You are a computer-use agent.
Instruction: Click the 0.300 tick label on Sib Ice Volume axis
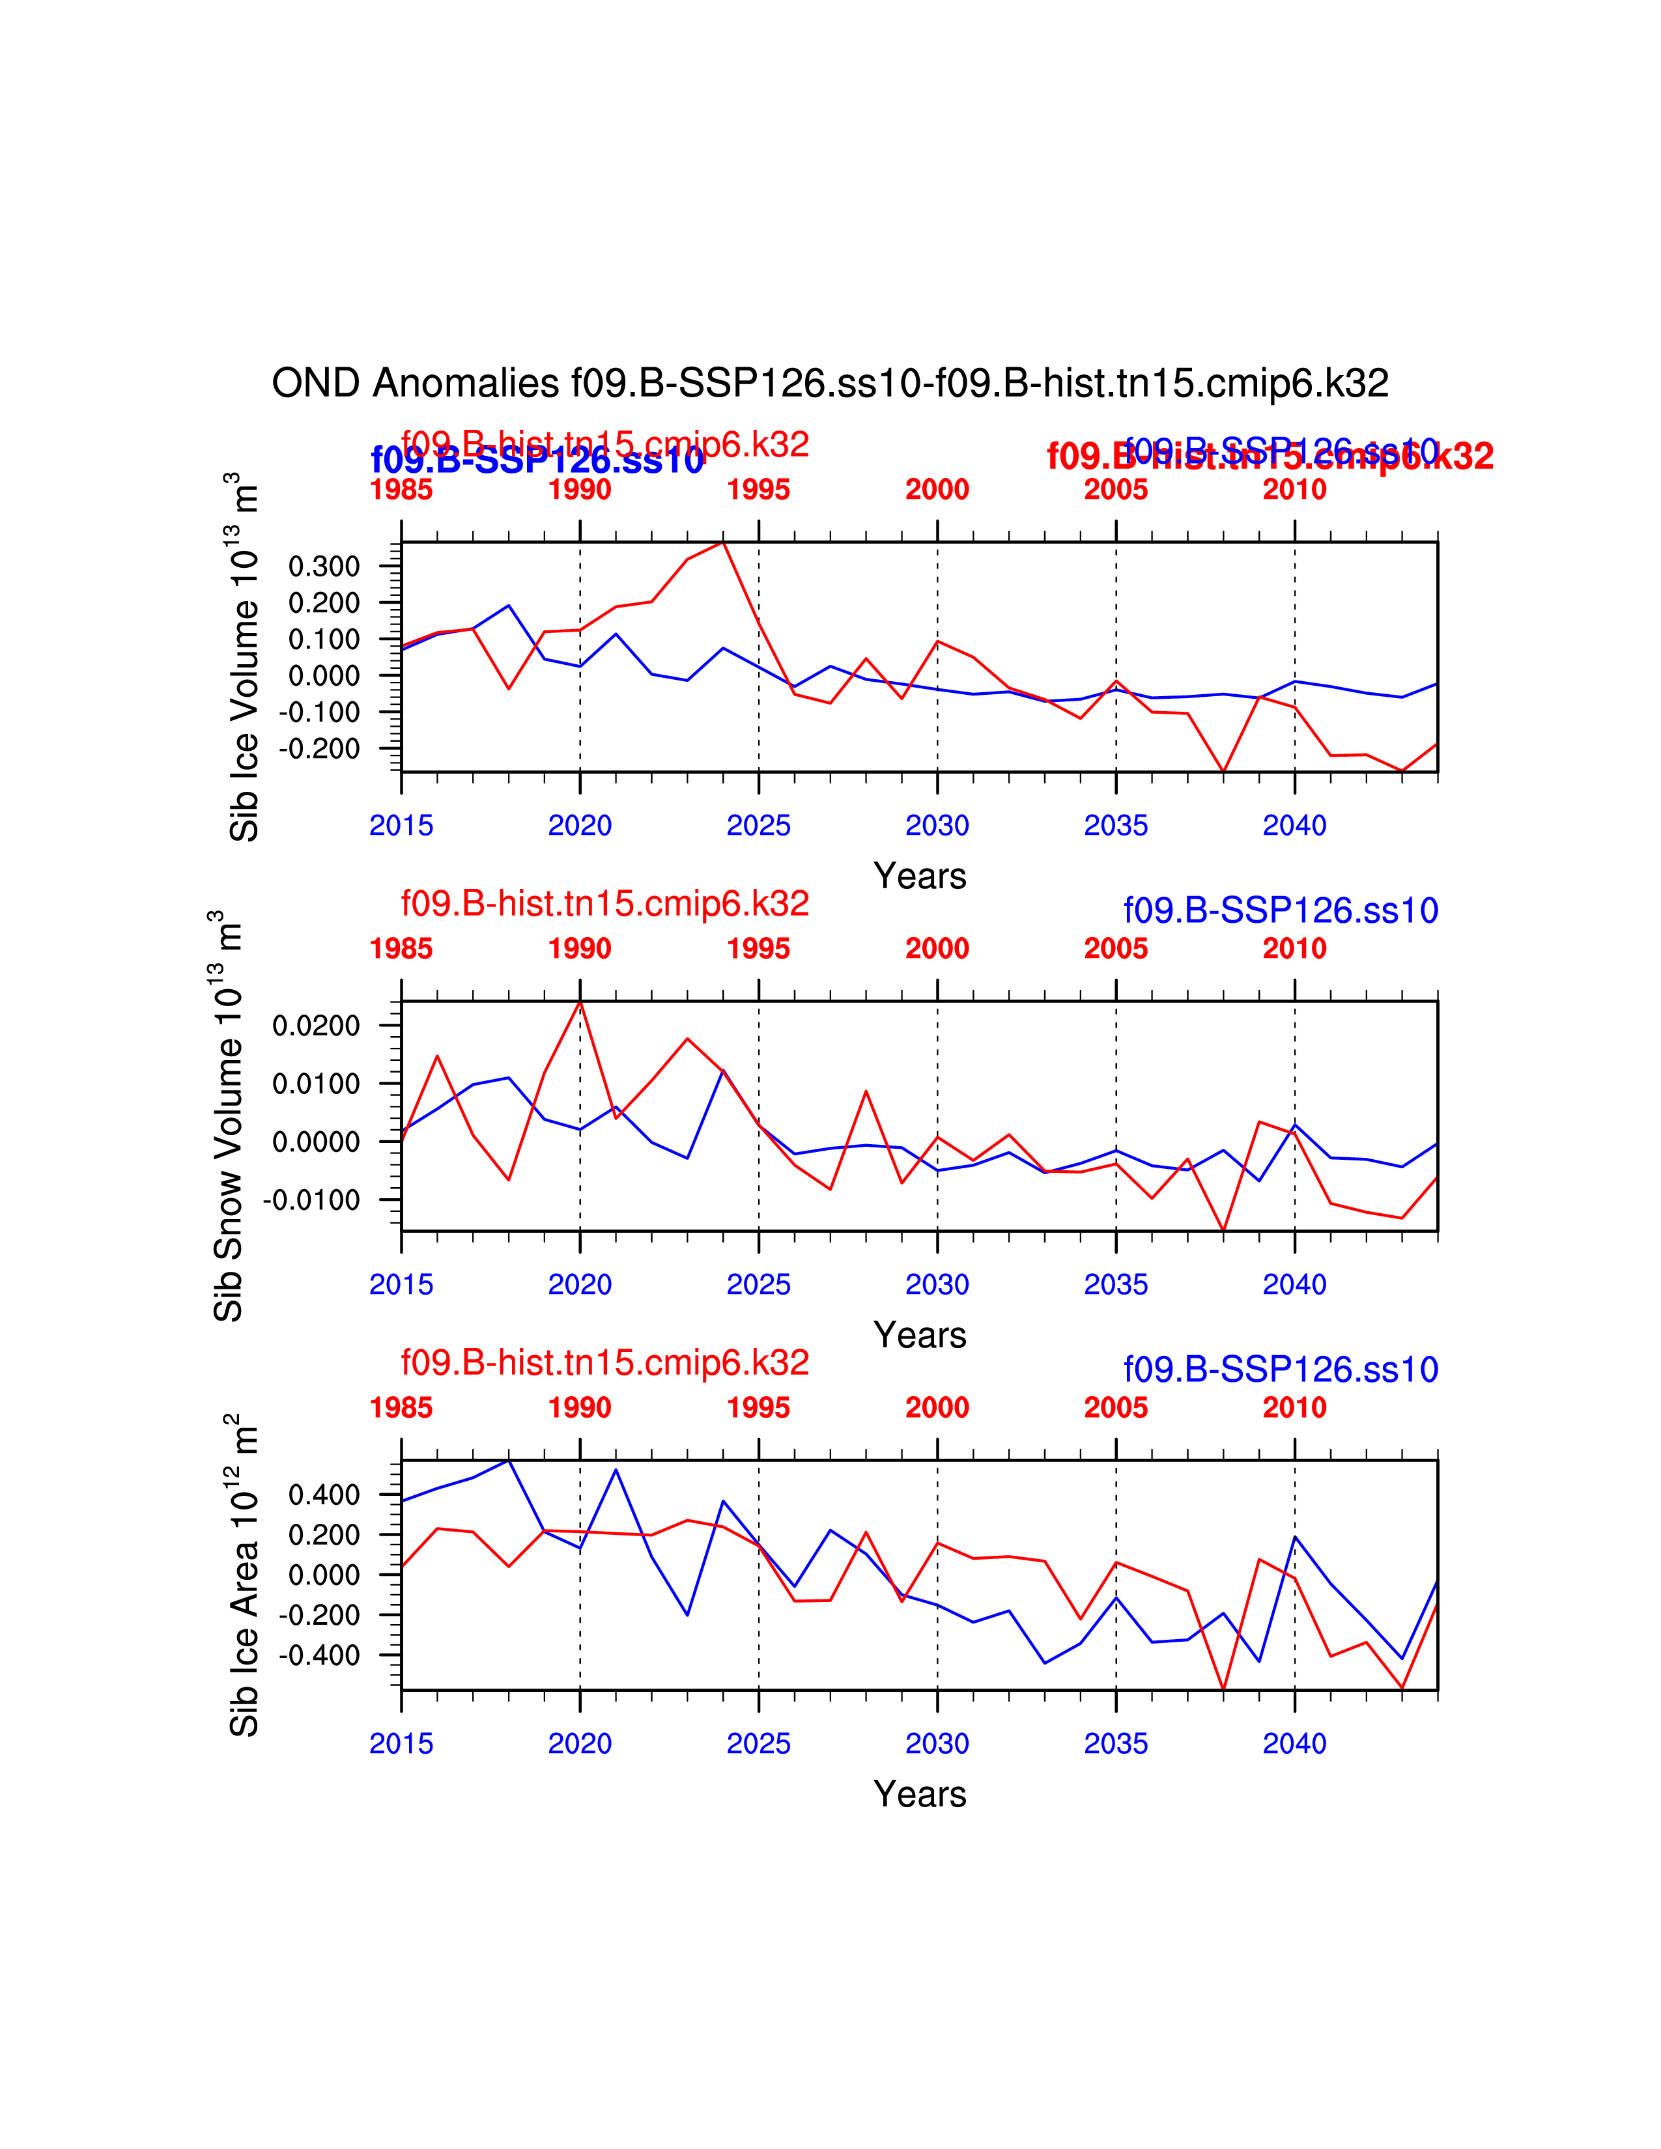(x=324, y=566)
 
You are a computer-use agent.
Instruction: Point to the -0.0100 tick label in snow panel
(x=311, y=1200)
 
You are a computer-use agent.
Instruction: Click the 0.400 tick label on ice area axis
(x=324, y=1495)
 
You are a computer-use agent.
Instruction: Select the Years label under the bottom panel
(x=919, y=1794)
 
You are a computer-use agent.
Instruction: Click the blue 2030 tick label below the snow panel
(x=937, y=1284)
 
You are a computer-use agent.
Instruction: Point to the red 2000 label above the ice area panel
(x=937, y=1407)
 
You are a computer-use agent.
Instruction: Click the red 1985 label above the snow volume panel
(x=401, y=949)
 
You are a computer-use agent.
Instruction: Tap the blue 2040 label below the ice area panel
(x=1294, y=1743)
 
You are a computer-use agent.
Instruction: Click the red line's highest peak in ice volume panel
(x=723, y=542)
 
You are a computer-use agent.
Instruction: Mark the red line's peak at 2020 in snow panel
(x=580, y=1002)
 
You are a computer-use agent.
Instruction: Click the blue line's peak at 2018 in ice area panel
(x=509, y=1460)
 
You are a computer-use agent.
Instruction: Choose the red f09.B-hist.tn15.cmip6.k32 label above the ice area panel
(x=604, y=1363)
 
